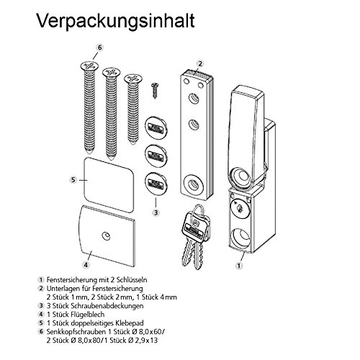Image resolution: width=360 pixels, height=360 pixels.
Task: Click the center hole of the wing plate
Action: point(106,234)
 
